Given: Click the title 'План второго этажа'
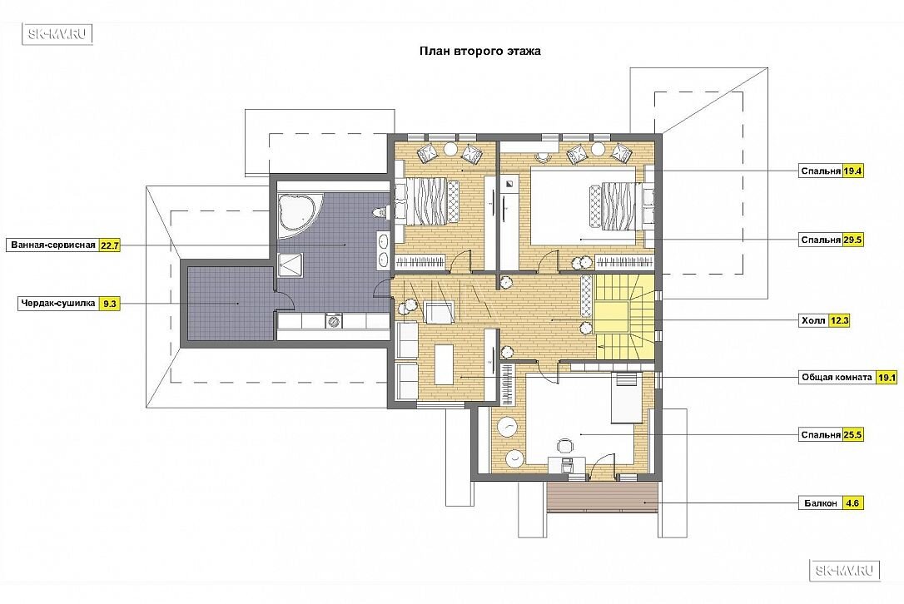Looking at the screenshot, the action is click(x=479, y=51).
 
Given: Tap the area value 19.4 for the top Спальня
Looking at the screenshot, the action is click(x=852, y=171).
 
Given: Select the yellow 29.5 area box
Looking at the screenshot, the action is click(x=852, y=240).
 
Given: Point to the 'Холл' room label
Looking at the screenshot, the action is click(x=813, y=320).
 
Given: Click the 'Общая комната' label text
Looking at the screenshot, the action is click(x=837, y=378).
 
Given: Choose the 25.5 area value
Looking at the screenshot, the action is click(x=852, y=434).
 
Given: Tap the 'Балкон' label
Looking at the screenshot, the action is click(x=821, y=503).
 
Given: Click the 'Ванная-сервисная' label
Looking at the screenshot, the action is click(x=53, y=245).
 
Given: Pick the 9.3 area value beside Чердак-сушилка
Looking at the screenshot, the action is click(x=109, y=303).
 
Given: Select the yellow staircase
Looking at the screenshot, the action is click(x=625, y=316).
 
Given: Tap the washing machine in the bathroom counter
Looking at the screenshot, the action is click(x=334, y=320).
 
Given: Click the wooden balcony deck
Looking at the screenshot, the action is click(x=602, y=496).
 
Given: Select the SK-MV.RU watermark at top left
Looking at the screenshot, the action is click(x=57, y=34).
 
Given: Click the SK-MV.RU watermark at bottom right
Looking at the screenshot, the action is click(x=845, y=571).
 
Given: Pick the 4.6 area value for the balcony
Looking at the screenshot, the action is click(x=852, y=503).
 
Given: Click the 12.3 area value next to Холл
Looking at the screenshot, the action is click(x=839, y=320).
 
